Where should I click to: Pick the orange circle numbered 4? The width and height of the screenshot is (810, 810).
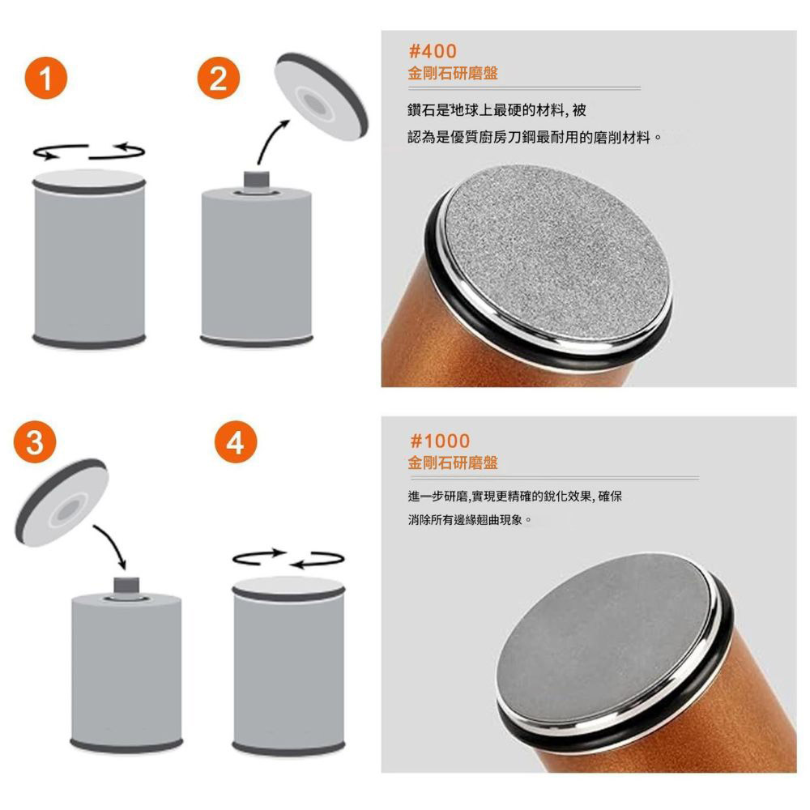tap(235, 443)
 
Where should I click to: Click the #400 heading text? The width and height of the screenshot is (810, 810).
tap(433, 52)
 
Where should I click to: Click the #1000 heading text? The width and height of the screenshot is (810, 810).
tap(439, 441)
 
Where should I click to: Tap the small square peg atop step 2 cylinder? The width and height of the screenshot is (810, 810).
tap(256, 178)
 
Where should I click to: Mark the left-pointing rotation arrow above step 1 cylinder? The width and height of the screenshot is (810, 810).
tap(60, 151)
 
